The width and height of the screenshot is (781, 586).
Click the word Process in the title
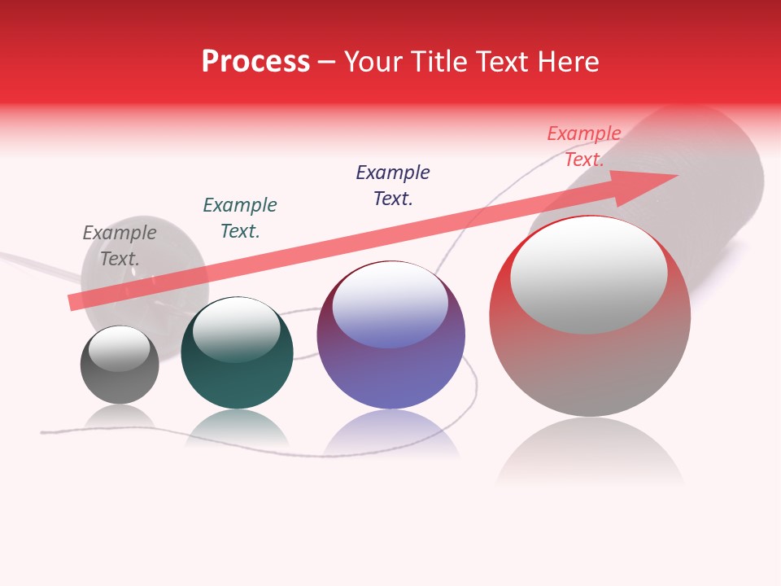pyautogui.click(x=255, y=62)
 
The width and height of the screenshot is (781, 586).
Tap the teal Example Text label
pyautogui.click(x=240, y=218)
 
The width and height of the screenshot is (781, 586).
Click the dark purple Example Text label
pyautogui.click(x=393, y=185)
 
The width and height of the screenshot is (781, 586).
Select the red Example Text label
pyautogui.click(x=584, y=146)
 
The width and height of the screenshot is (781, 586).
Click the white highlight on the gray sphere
pyautogui.click(x=120, y=348)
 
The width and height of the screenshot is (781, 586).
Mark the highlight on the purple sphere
pyautogui.click(x=390, y=305)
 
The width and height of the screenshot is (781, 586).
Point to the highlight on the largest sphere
pyautogui.click(x=589, y=274)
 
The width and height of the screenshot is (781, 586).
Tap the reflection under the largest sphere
pyautogui.click(x=590, y=452)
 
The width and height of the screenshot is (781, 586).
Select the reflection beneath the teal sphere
pyautogui.click(x=237, y=427)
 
